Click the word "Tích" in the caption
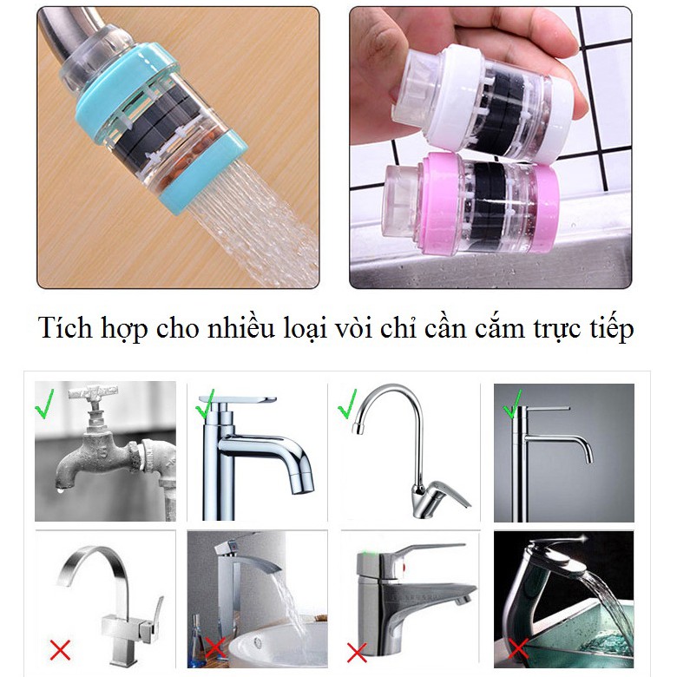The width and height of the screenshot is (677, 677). (66, 328)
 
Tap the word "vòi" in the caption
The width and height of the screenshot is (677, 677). (353, 328)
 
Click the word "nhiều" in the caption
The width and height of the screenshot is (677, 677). (241, 328)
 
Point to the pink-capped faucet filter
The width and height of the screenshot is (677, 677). (470, 203)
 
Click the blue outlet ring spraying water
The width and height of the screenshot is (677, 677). (204, 174)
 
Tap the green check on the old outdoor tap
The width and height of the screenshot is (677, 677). (44, 404)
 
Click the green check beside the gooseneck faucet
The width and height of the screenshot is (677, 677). (347, 404)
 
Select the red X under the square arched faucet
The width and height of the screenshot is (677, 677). (60, 650)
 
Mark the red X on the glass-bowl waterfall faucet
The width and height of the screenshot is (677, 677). (518, 650)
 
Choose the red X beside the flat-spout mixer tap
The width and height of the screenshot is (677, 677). (357, 653)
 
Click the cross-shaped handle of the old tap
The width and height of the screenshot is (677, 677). (93, 392)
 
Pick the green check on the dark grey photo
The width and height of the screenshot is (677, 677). (513, 404)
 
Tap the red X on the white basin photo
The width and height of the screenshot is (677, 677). (215, 649)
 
